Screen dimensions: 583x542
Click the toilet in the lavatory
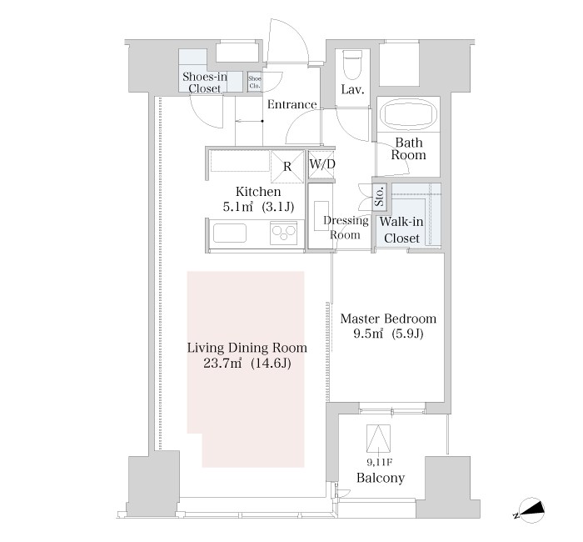click(351, 64)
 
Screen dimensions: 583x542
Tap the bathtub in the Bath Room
click(408, 114)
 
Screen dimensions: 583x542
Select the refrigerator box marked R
click(287, 167)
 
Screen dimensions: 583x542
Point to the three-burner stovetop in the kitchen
click(284, 233)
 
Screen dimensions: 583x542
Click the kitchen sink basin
click(229, 233)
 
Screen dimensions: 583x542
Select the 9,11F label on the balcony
click(379, 462)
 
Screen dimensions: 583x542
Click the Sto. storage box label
click(379, 197)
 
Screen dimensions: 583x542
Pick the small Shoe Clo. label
click(255, 83)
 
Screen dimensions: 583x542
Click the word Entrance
click(292, 104)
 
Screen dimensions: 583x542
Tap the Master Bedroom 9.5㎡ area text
click(388, 326)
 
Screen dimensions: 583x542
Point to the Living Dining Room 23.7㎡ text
click(247, 355)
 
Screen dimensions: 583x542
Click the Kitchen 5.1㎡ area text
click(258, 199)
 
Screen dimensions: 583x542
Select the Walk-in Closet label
click(401, 229)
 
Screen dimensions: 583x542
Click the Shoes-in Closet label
click(205, 83)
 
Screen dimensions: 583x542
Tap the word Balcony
click(381, 478)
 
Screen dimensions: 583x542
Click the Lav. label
click(352, 90)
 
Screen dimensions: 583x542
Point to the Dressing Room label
click(346, 228)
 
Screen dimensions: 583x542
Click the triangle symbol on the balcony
click(378, 438)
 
